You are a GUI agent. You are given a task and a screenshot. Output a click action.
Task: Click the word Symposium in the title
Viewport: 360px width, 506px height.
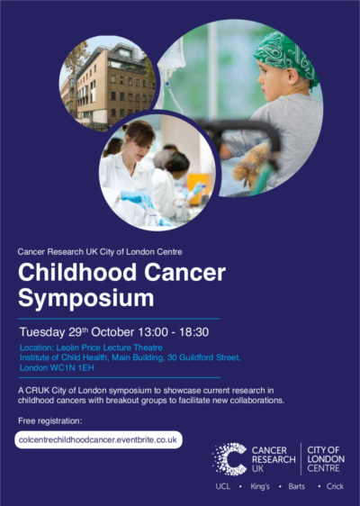point(86,298)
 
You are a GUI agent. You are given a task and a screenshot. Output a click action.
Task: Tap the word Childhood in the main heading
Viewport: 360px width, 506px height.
point(77,273)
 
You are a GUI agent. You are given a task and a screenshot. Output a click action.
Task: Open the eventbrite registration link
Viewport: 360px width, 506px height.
point(98,440)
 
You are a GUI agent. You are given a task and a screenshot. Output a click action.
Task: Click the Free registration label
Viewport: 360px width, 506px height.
point(50,421)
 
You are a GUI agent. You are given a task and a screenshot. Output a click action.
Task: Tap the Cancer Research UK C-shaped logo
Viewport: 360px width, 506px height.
point(229,459)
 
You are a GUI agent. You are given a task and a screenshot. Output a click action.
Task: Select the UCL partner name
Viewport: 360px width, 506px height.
point(223,486)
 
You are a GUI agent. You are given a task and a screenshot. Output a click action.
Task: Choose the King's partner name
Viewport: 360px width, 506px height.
point(260,486)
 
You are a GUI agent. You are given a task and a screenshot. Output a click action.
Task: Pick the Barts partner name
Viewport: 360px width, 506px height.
point(297,486)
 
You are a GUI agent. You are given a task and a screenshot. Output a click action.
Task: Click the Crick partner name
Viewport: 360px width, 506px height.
point(335,486)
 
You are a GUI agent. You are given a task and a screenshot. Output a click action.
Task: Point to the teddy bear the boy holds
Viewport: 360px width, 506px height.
point(251,166)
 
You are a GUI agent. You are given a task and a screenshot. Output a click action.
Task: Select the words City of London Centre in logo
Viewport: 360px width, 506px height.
point(326,459)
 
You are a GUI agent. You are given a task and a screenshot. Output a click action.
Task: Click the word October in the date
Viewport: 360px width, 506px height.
point(112,332)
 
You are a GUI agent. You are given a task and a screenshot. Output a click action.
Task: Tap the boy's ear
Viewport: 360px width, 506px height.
point(292,76)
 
